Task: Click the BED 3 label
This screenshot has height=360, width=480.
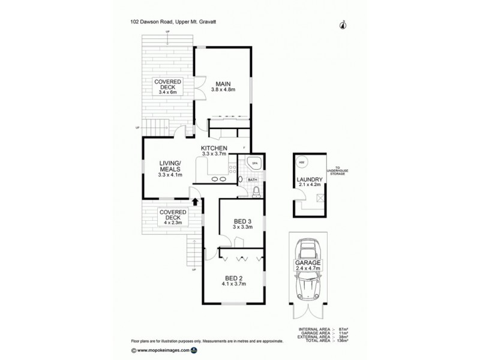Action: (x=242, y=223)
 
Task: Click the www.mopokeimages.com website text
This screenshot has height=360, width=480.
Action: (x=163, y=350)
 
